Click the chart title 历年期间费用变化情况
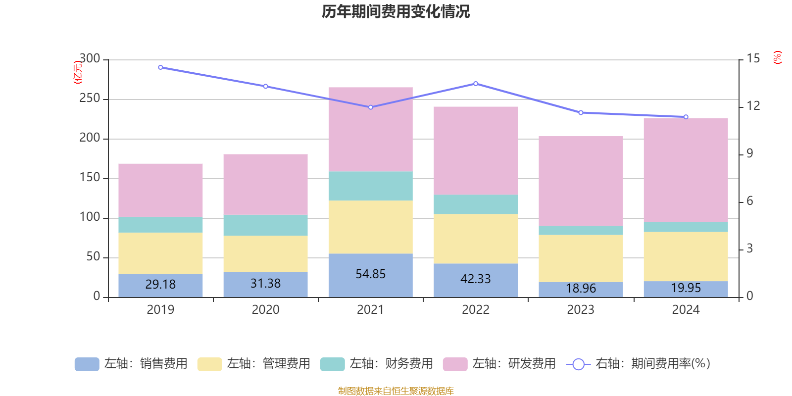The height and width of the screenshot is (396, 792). (396, 11)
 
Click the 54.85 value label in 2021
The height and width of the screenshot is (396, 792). (370, 274)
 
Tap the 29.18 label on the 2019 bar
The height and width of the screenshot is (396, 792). (160, 285)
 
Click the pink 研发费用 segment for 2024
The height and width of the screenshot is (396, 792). (686, 170)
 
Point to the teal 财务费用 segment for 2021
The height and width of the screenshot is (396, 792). (370, 186)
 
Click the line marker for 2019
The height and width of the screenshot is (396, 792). (160, 67)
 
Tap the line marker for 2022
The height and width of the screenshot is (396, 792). (476, 84)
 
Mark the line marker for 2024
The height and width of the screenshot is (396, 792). (686, 117)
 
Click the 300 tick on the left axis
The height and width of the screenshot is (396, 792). (90, 59)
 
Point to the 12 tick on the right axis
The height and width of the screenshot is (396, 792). (753, 106)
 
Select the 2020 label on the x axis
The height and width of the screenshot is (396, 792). (265, 310)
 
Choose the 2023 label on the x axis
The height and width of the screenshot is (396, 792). (581, 310)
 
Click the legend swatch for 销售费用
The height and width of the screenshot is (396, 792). (87, 364)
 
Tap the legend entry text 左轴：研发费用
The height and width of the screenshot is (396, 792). (514, 364)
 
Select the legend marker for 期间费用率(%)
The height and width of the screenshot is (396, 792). (578, 364)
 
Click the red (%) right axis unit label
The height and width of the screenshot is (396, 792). (778, 57)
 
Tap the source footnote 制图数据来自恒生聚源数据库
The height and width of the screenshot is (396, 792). (396, 391)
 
